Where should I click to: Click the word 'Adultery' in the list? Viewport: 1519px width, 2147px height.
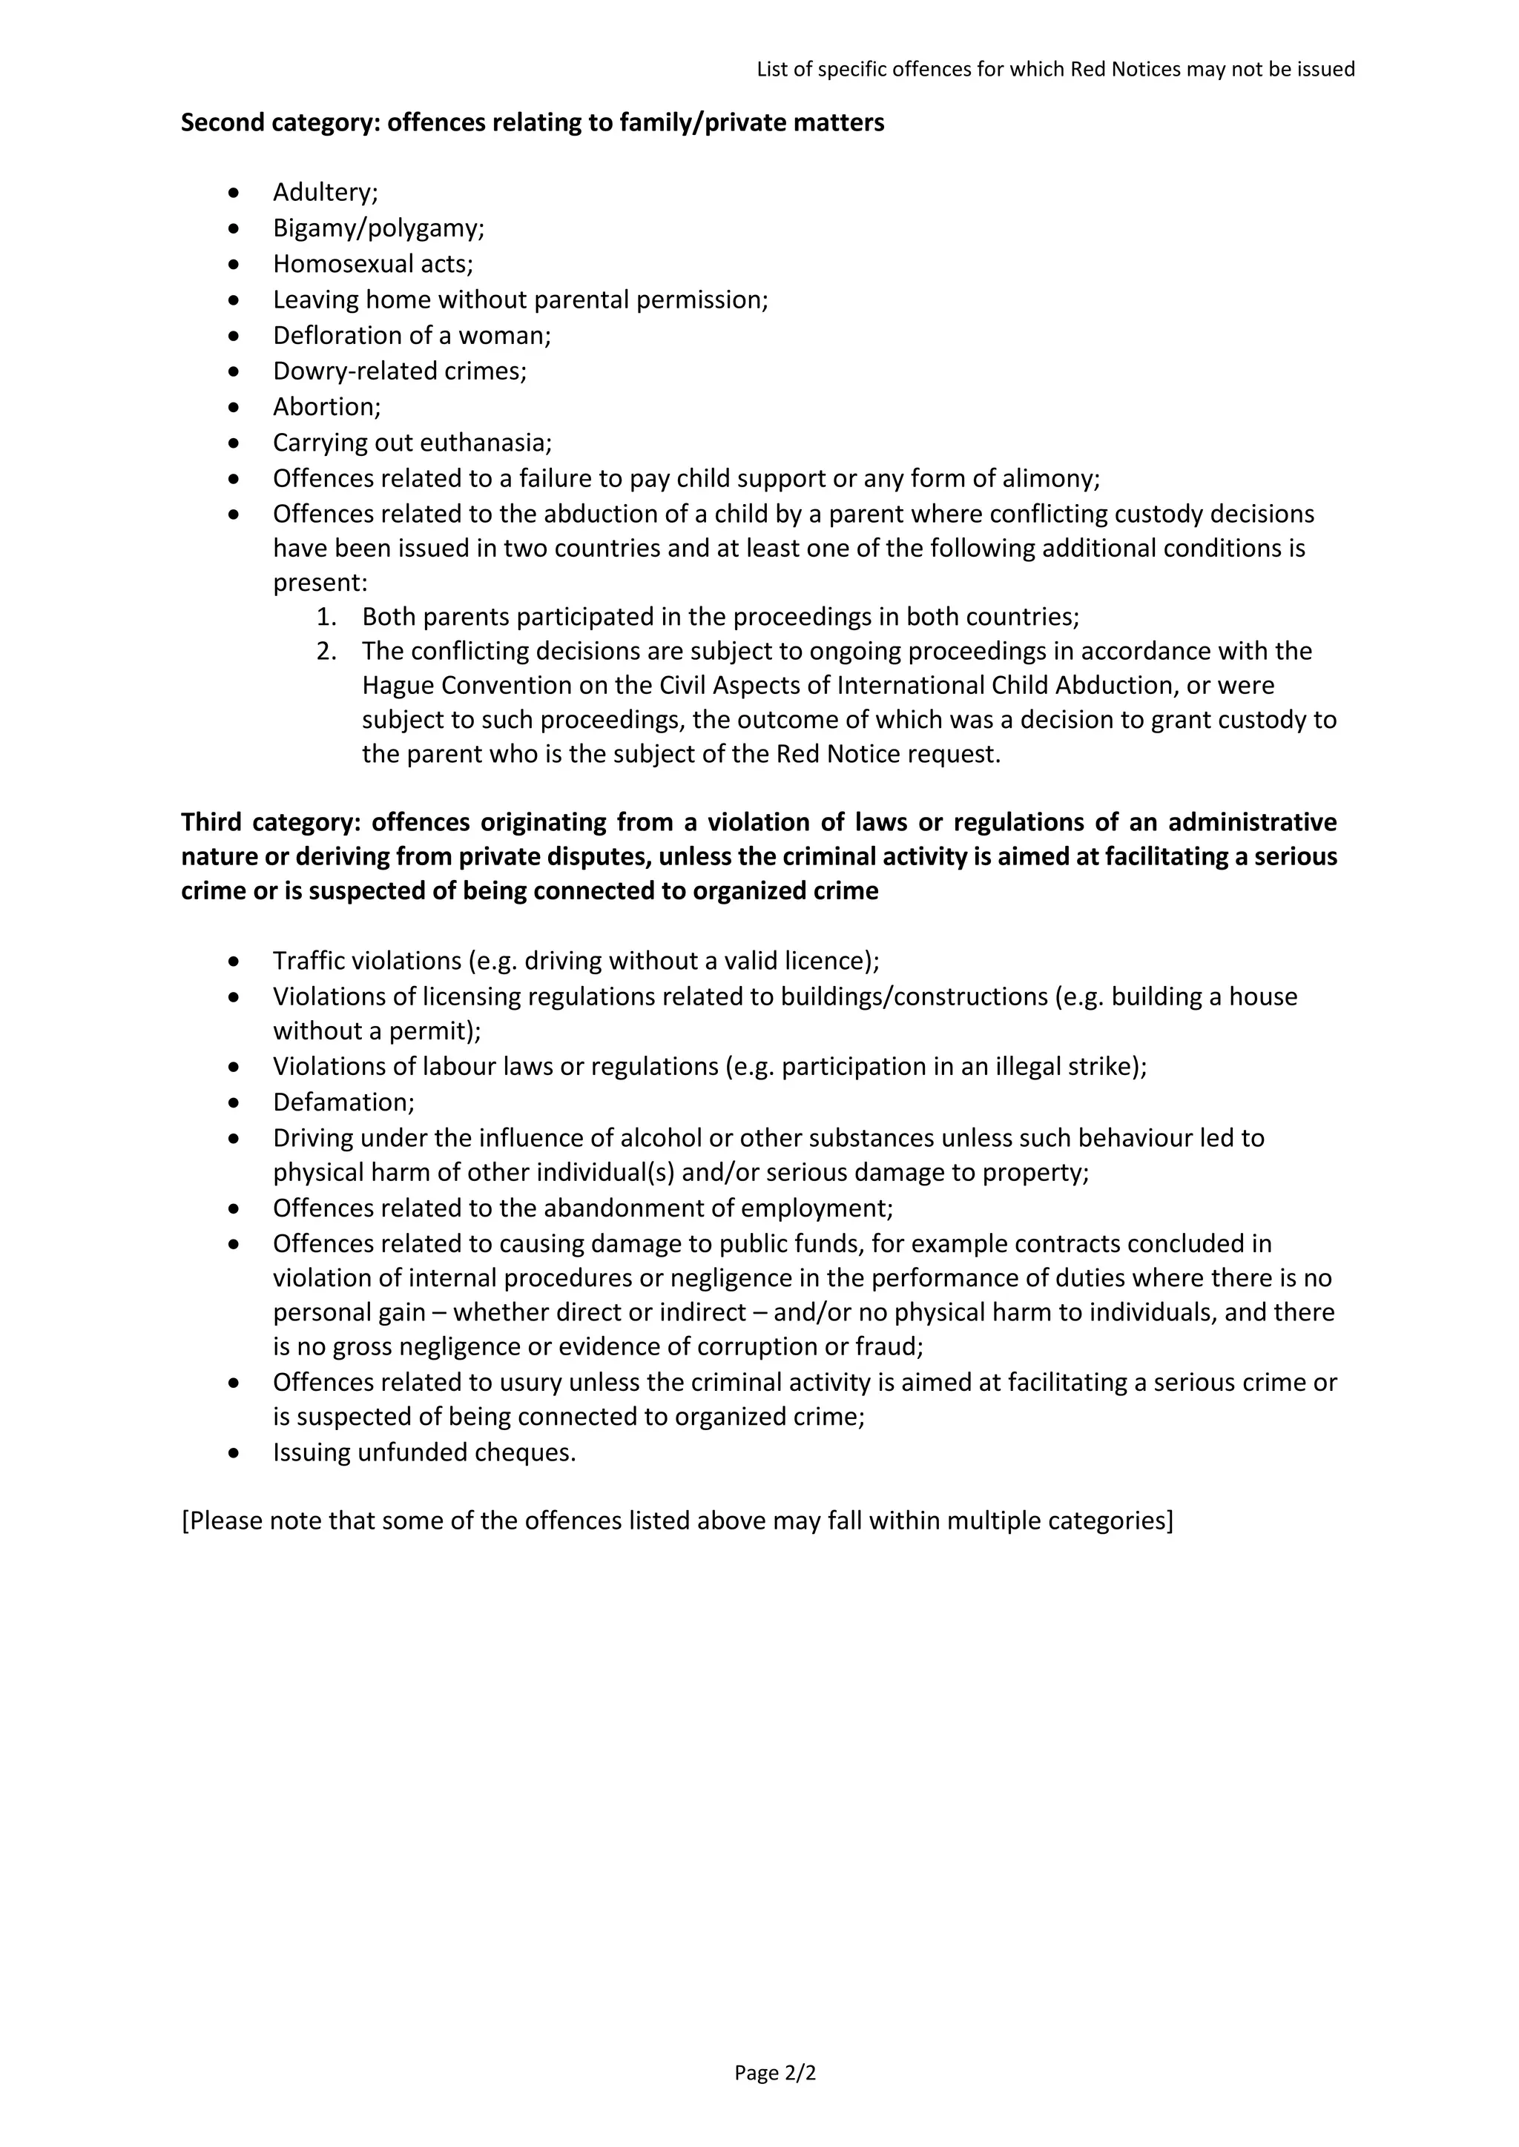coord(322,192)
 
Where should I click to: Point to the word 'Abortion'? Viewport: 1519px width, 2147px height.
coord(323,407)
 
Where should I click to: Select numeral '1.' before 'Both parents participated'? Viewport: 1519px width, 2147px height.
coord(326,617)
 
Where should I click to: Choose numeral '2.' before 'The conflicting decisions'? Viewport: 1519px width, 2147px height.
coord(326,651)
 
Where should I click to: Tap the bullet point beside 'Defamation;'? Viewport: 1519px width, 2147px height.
coord(234,1102)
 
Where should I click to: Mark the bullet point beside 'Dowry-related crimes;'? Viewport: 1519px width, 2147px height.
coord(234,371)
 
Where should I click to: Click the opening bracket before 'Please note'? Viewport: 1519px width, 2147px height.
coord(185,1521)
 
